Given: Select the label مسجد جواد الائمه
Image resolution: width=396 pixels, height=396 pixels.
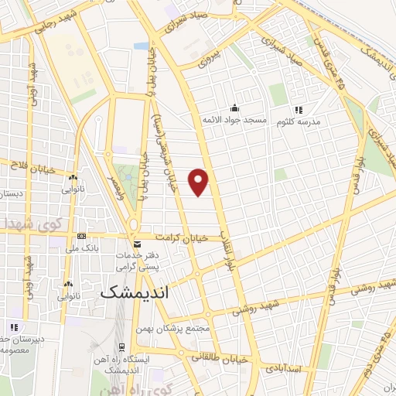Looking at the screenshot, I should click(x=234, y=121).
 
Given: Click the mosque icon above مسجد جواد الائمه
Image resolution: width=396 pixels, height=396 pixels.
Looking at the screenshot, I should click(x=234, y=108).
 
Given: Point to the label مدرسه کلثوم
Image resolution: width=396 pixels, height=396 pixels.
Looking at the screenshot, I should click(x=298, y=121).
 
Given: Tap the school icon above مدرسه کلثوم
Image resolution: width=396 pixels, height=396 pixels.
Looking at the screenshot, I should click(x=299, y=109).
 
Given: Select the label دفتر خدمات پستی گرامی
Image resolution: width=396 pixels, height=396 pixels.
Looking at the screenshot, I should click(x=137, y=260).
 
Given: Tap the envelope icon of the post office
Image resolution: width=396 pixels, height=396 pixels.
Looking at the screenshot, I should click(x=137, y=244).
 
